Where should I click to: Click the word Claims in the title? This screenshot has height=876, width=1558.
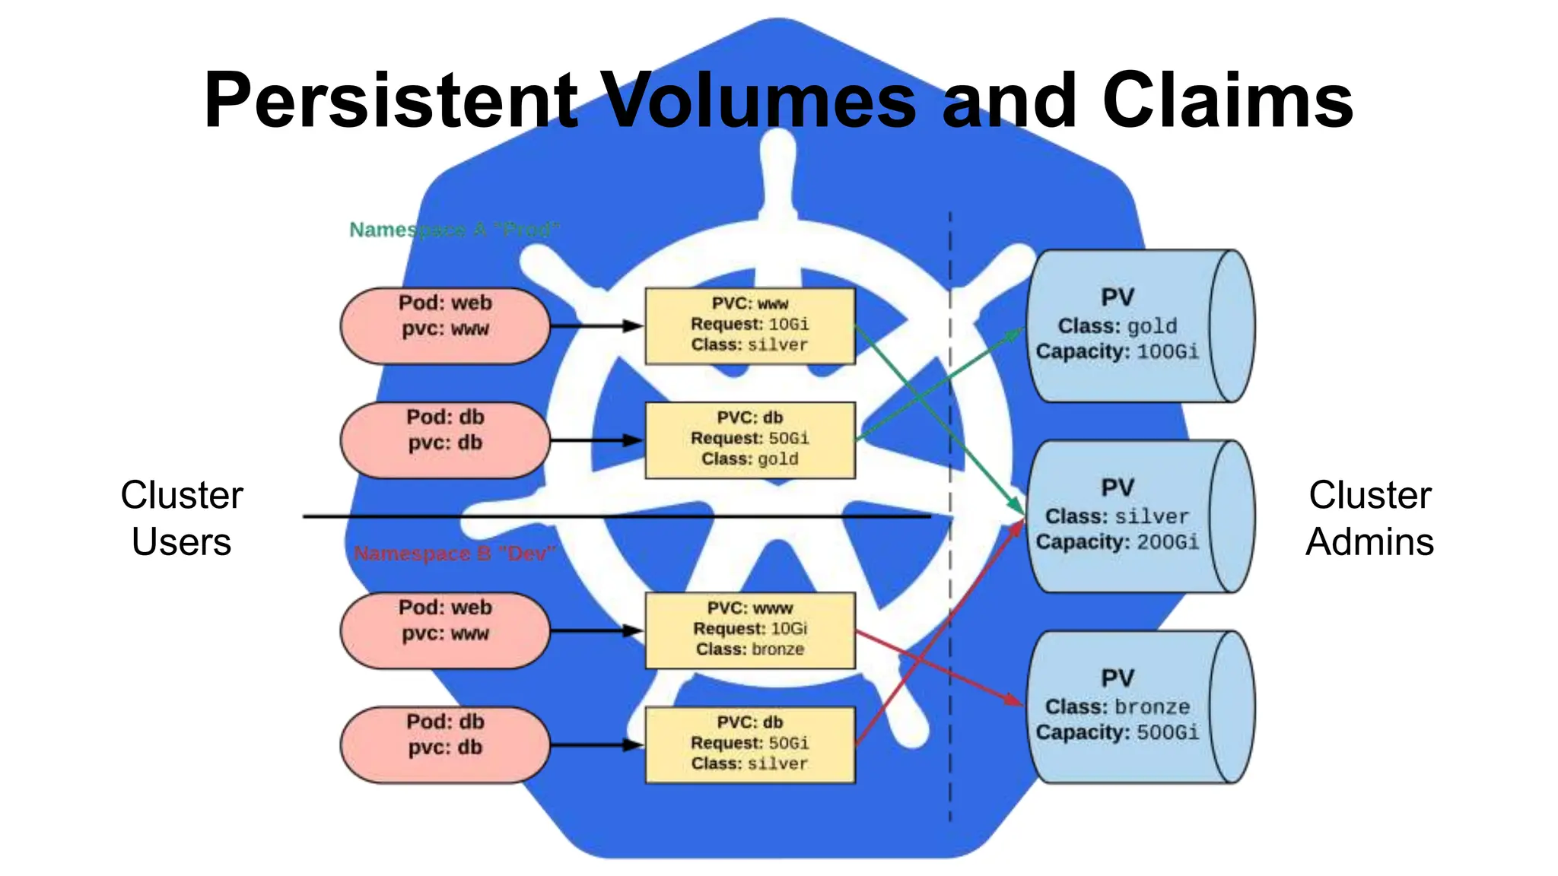click(1227, 100)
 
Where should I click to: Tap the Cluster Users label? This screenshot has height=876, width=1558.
click(181, 518)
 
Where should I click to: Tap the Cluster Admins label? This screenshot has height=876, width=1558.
click(1369, 518)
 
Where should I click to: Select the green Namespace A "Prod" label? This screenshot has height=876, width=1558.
click(453, 230)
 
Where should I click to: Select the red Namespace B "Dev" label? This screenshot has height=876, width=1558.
click(454, 554)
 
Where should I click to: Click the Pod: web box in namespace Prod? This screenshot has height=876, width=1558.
click(445, 325)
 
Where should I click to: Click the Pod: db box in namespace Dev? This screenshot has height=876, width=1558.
click(445, 744)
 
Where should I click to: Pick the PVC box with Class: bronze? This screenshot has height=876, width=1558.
click(750, 630)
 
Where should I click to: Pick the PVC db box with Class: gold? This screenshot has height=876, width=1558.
click(750, 440)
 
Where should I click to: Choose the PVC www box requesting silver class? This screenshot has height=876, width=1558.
click(750, 325)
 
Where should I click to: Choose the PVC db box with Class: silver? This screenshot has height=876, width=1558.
click(750, 744)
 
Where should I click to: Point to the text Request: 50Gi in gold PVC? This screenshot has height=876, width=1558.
click(750, 439)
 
